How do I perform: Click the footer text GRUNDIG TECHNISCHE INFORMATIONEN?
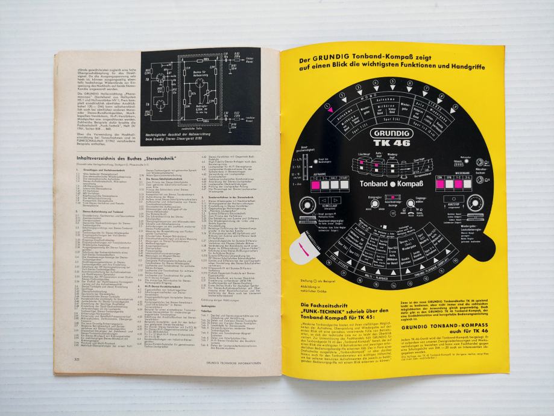coord(231,358)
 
